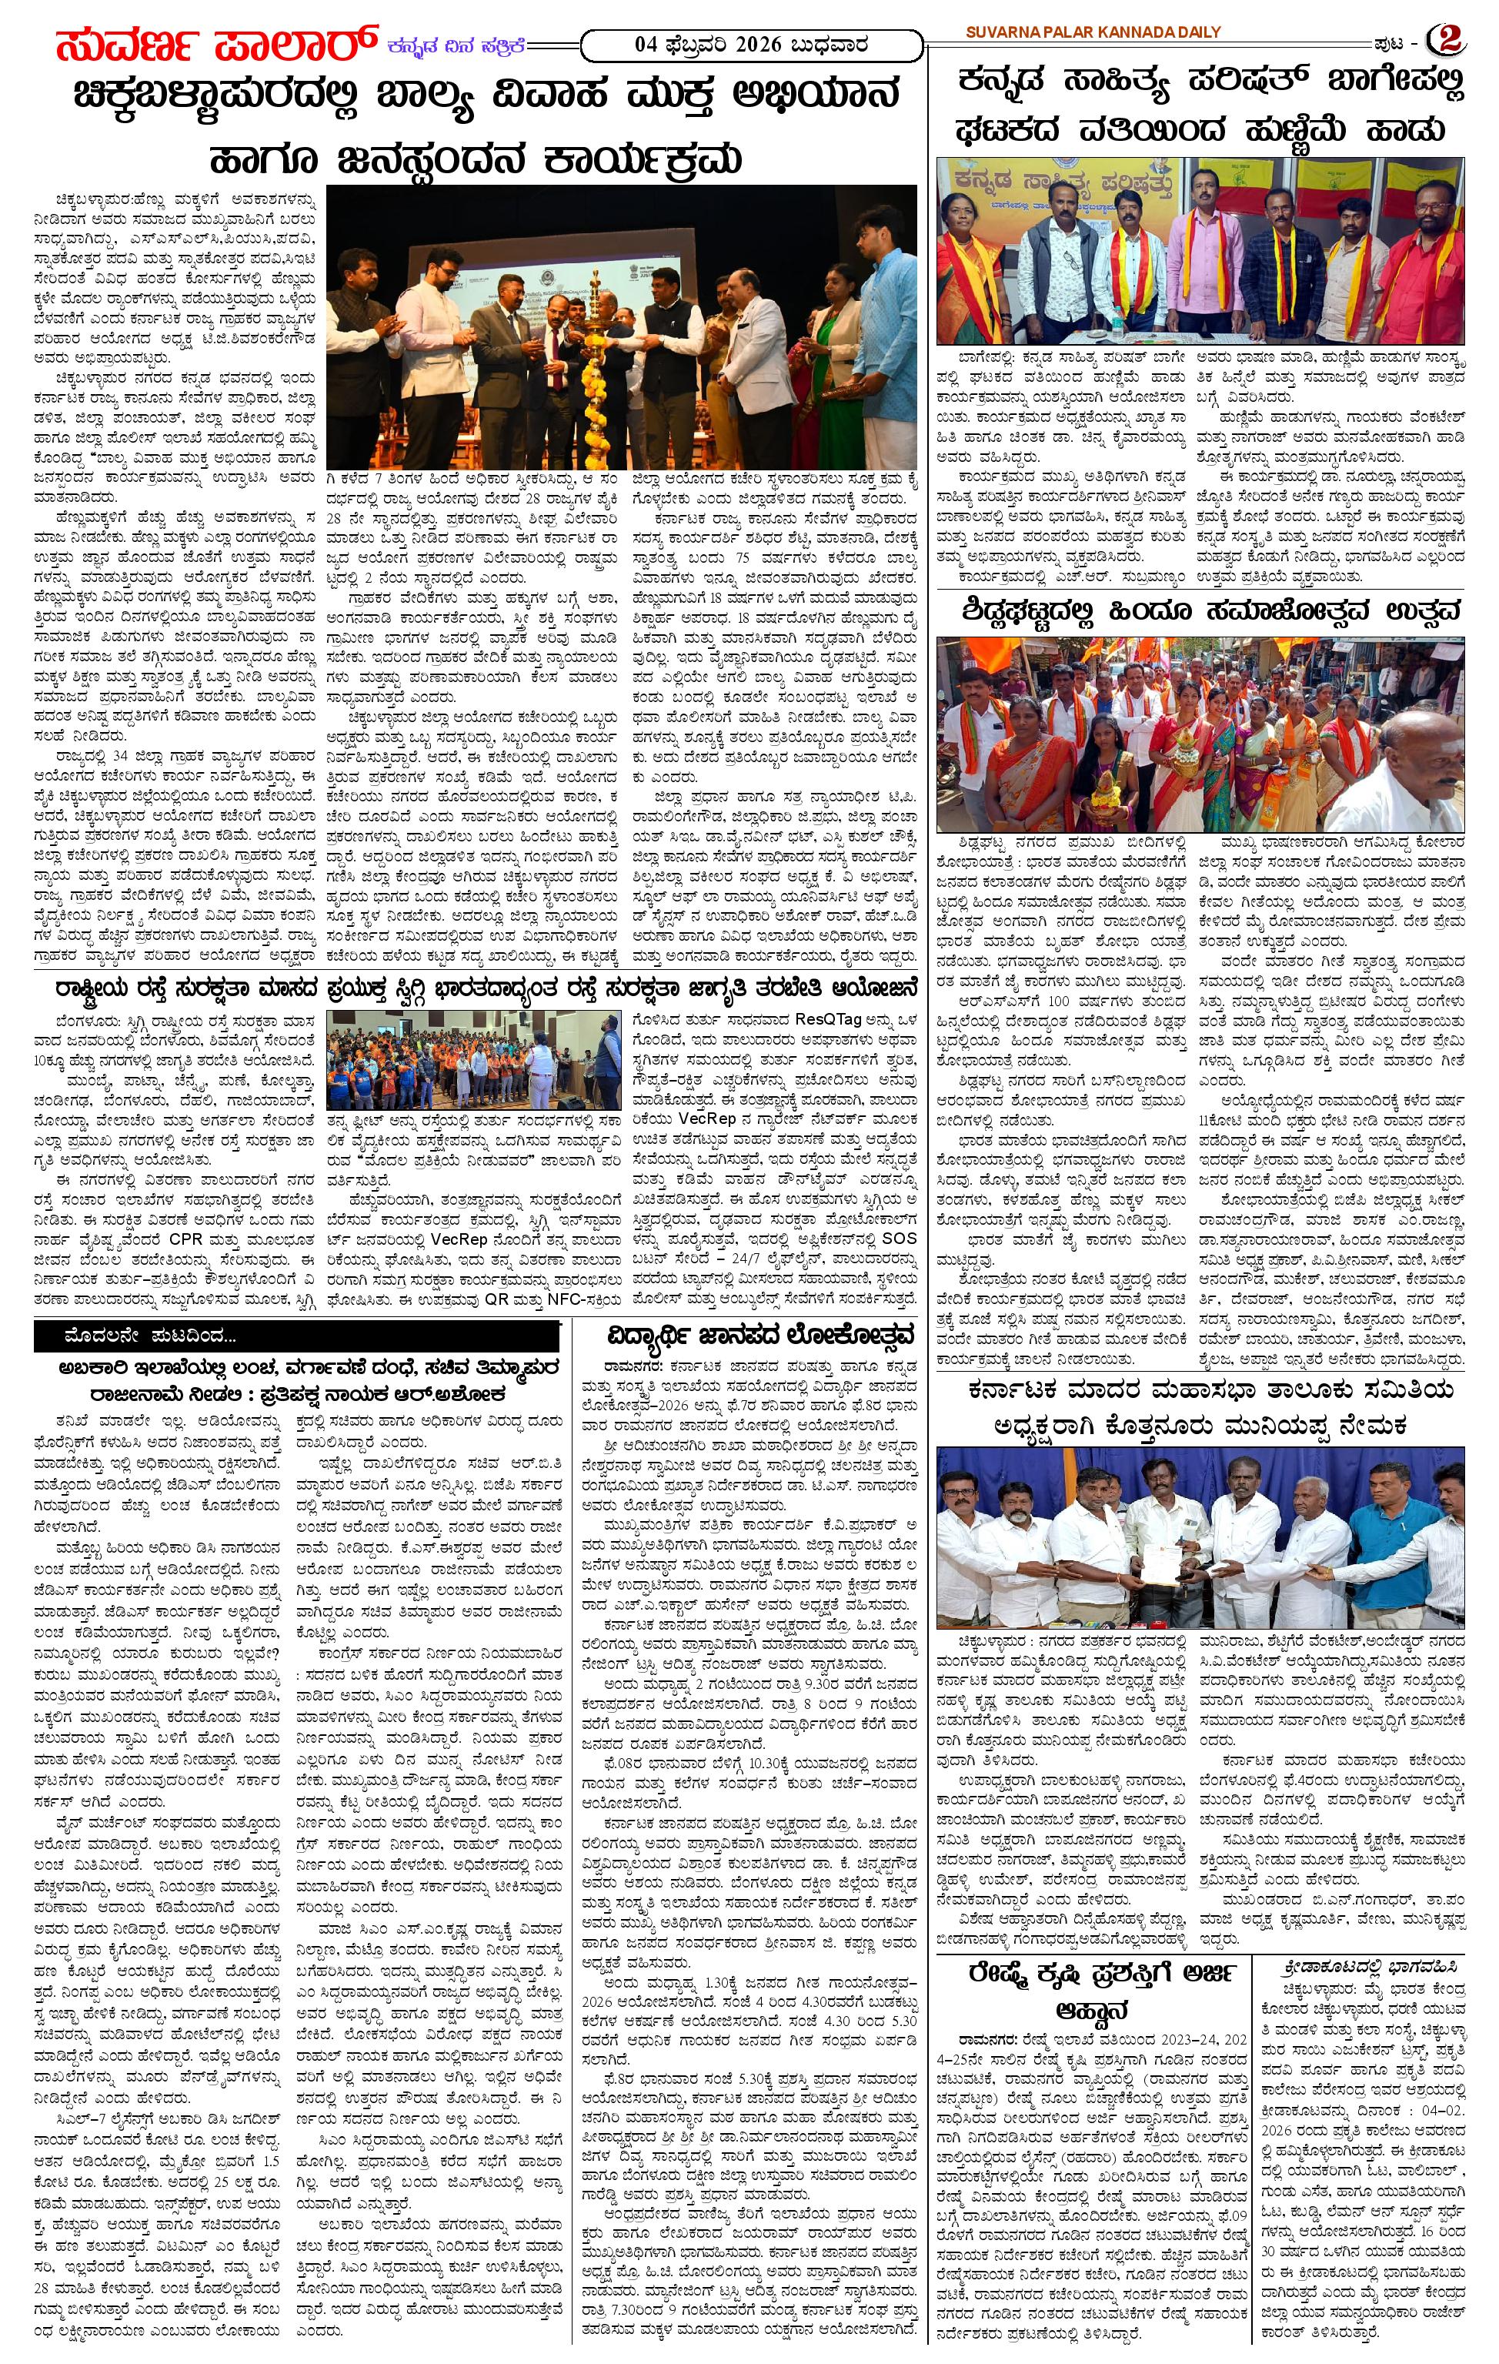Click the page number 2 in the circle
(x=1447, y=39)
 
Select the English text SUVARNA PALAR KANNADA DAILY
(x=1093, y=32)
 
